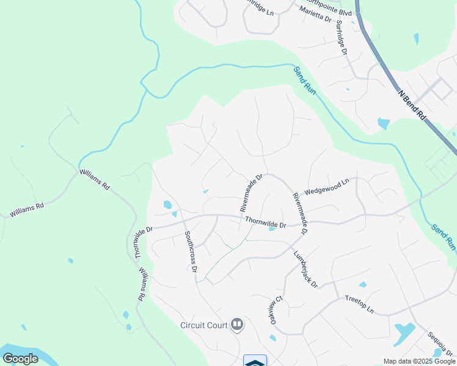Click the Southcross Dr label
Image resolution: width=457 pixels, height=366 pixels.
tap(191, 251)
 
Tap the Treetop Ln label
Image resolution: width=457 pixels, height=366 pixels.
tap(359, 304)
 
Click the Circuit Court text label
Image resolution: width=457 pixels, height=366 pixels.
tap(203, 325)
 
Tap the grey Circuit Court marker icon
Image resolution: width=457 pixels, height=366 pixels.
tap(236, 325)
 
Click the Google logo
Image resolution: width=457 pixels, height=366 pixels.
tap(20, 359)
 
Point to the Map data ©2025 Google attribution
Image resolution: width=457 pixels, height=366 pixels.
tap(419, 361)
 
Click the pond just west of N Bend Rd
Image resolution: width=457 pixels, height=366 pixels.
tap(383, 123)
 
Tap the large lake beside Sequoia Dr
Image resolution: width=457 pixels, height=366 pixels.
tap(404, 332)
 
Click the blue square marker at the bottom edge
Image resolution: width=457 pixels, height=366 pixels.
tap(255, 361)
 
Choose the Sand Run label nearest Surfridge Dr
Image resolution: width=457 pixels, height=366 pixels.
tap(304, 80)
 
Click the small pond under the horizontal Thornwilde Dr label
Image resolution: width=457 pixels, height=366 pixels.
tap(272, 230)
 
